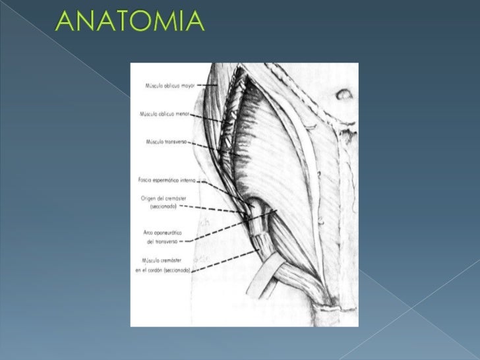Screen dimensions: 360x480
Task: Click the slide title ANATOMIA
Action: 131,22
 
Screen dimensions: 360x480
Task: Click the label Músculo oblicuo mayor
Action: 169,85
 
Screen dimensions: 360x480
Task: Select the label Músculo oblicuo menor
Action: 164,113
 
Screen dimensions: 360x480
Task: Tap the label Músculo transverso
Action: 169,141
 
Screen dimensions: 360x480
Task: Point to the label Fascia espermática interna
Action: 167,179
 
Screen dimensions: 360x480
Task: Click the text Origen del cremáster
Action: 162,197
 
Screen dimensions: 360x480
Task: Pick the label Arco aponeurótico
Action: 162,233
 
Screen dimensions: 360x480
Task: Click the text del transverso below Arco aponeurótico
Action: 162,242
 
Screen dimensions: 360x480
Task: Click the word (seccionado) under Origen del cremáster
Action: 163,206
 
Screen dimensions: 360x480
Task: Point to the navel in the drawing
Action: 344,95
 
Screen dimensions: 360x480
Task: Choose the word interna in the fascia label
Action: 187,179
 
